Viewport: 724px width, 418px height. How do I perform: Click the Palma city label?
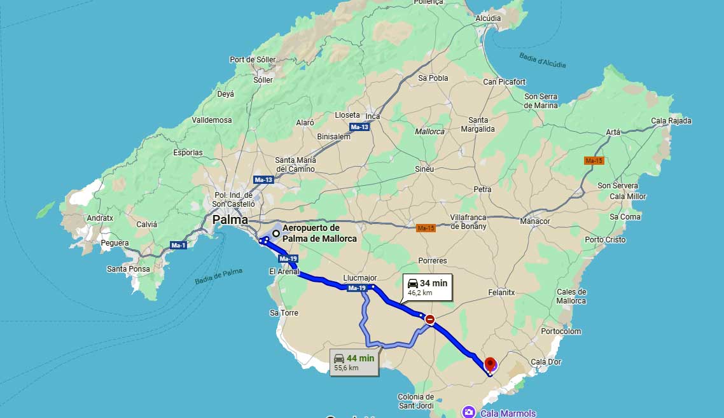pos(230,219)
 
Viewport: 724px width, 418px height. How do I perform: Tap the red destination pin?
pos(490,365)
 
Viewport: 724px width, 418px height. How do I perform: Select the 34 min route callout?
pos(427,288)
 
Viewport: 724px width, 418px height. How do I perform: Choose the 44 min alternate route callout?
pos(354,362)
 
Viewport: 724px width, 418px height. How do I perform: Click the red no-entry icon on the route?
pos(430,319)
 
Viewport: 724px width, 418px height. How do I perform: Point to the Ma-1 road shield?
pos(178,245)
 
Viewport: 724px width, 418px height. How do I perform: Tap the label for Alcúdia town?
pos(488,18)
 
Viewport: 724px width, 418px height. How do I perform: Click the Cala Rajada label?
pos(671,121)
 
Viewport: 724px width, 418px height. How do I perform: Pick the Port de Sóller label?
pos(253,60)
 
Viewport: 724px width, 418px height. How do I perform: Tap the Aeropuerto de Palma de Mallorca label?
pos(319,233)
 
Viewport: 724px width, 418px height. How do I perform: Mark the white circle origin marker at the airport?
pos(276,233)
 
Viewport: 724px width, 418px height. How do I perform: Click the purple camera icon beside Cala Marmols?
pos(469,412)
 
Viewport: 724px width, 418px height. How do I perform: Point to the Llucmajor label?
pos(359,278)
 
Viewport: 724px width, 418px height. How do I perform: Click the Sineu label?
pos(424,169)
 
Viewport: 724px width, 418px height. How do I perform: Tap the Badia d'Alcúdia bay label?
pos(542,60)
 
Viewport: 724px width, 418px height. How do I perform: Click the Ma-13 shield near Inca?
pos(359,127)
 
